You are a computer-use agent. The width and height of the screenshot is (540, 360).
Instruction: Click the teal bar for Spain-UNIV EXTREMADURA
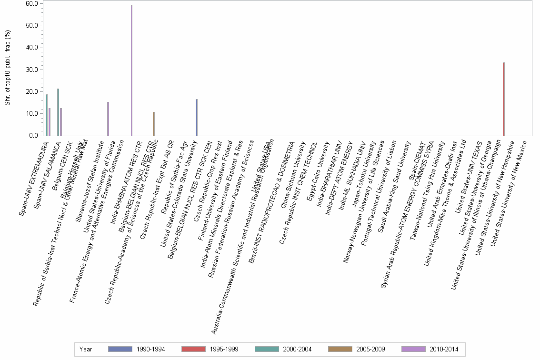[x=46, y=115]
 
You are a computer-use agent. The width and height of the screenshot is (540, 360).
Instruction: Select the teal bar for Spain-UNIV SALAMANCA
[x=58, y=112]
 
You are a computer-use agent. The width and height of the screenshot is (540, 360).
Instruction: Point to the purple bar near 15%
[x=108, y=119]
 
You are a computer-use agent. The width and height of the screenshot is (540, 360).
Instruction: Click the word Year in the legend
[x=86, y=349]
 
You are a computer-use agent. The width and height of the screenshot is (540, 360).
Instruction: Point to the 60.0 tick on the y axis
[x=32, y=4]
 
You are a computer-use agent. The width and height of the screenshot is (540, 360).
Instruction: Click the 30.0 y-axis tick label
[x=32, y=70]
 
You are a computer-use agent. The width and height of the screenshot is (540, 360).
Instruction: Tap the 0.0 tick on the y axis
[x=33, y=136]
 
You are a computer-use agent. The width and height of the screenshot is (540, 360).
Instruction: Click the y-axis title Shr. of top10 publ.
[x=7, y=69]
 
